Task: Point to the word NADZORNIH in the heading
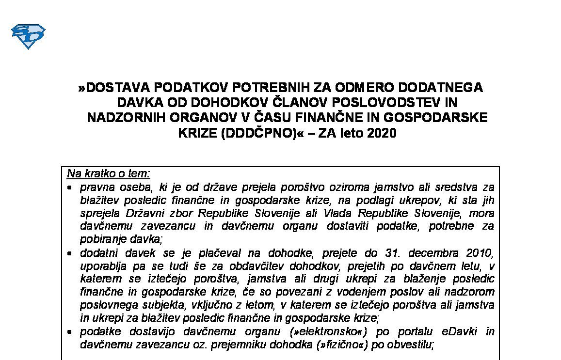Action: (123, 118)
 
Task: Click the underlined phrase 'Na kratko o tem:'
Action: (109, 173)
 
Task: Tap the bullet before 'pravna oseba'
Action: (71, 187)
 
